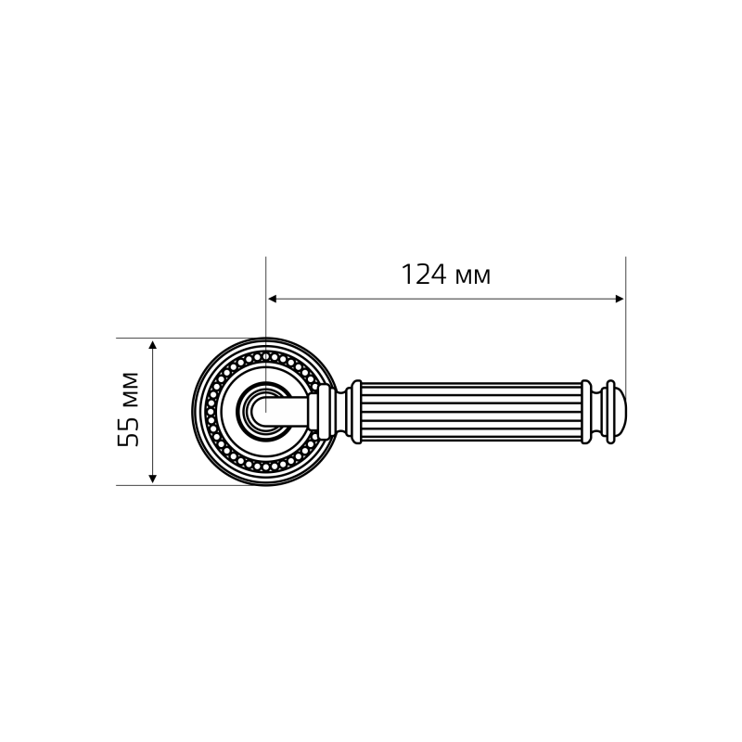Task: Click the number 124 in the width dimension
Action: click(424, 275)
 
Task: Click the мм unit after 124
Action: click(472, 277)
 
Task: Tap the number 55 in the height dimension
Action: click(129, 429)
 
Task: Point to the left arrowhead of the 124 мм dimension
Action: click(272, 299)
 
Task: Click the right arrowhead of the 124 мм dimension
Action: click(620, 299)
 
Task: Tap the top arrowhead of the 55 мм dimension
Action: click(152, 344)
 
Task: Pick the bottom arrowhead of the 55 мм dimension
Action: click(152, 479)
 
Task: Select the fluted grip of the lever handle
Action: click(471, 412)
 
